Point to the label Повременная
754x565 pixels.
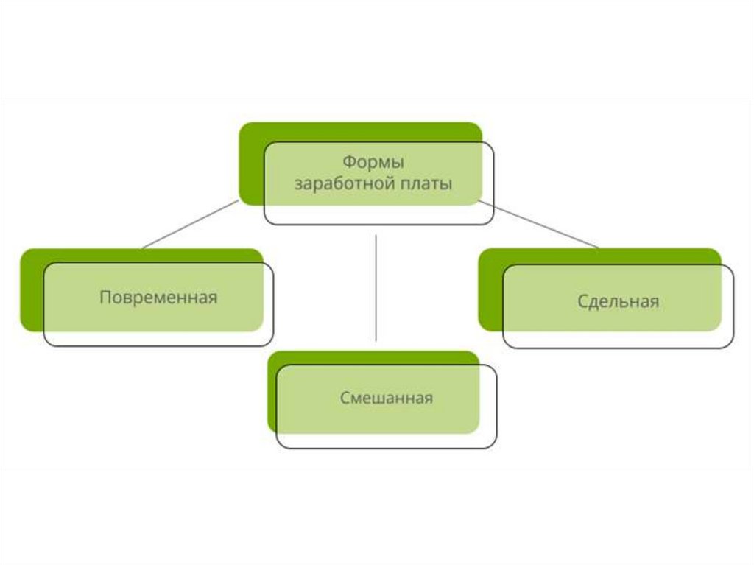tap(158, 298)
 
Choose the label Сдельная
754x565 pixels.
tap(618, 301)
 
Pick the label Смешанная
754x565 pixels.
tap(387, 399)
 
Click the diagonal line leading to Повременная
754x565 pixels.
tap(190, 224)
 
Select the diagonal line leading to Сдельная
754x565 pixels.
tap(541, 224)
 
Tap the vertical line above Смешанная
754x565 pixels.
tap(376, 287)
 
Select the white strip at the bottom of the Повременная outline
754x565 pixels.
tap(158, 338)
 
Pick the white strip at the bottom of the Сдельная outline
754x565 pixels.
tap(618, 340)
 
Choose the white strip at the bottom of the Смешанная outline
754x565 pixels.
tap(387, 441)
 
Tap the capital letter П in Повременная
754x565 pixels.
tap(105, 298)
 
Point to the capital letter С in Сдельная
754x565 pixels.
tap(582, 301)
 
